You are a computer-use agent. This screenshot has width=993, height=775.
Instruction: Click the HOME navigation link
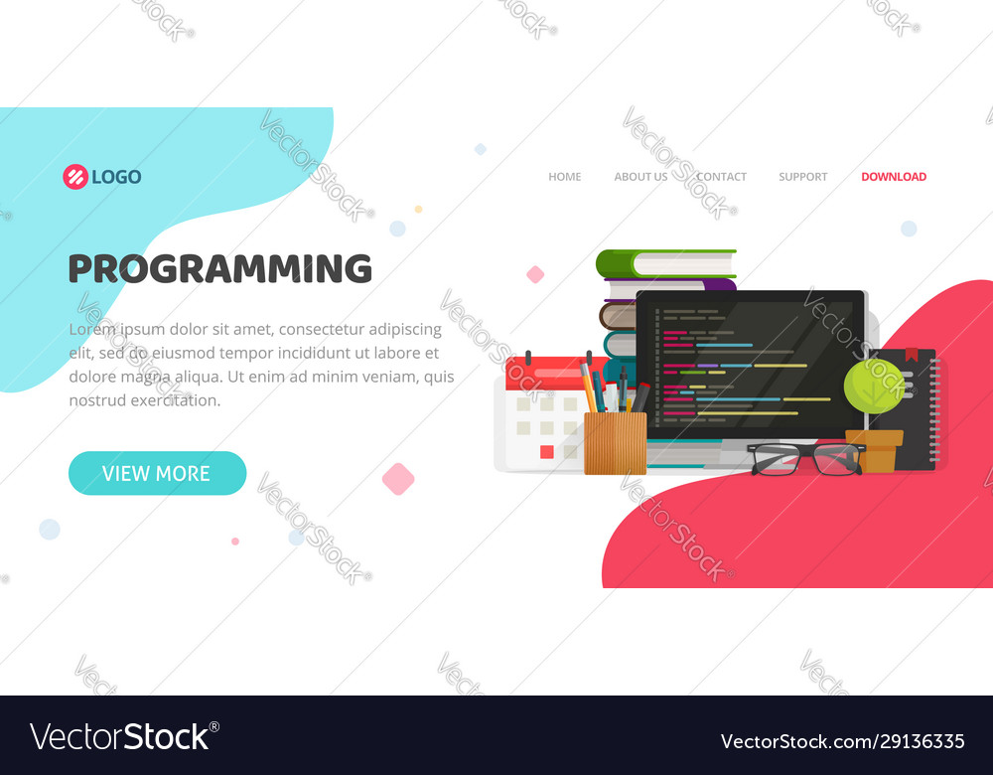click(x=564, y=177)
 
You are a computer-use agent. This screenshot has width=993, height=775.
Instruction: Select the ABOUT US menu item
click(x=640, y=177)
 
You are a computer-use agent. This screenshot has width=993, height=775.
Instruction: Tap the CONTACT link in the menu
click(x=721, y=177)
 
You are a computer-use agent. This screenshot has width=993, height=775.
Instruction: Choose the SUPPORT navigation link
click(x=802, y=177)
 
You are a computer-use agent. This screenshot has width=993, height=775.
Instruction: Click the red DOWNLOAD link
click(x=894, y=177)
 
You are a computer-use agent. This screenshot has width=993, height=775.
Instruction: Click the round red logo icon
click(x=75, y=177)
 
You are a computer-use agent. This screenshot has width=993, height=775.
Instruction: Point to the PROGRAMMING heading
click(x=219, y=269)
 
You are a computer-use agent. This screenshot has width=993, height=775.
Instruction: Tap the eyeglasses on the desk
click(x=805, y=458)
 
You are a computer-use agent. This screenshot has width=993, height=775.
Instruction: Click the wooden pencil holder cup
click(x=615, y=442)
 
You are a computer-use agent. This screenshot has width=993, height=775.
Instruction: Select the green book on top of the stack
click(x=666, y=263)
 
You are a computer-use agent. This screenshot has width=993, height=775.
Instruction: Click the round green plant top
click(x=874, y=386)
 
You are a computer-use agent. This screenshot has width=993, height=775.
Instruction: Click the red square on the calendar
click(x=546, y=451)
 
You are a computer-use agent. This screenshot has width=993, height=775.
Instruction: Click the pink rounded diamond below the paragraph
click(x=398, y=478)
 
